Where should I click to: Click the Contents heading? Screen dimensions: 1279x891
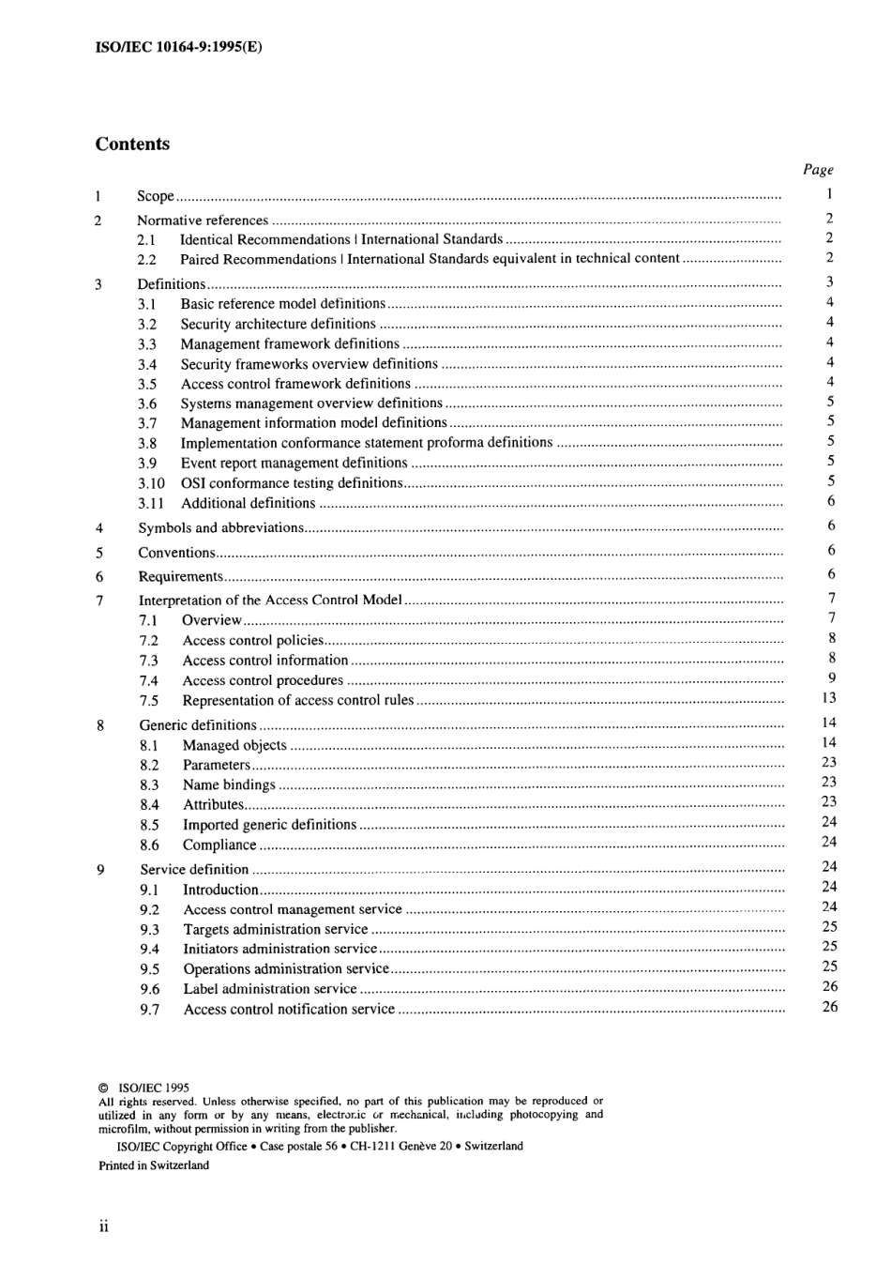(132, 145)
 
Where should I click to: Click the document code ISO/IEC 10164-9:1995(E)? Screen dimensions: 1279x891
(179, 45)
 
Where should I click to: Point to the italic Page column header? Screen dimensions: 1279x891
(818, 170)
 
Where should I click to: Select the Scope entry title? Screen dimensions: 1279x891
(156, 196)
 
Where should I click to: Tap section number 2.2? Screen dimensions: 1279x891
(146, 260)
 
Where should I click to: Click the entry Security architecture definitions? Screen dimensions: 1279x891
(278, 324)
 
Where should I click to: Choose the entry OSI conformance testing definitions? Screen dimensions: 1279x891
(292, 483)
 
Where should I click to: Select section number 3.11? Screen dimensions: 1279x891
(150, 504)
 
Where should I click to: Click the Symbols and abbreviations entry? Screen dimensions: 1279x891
(220, 528)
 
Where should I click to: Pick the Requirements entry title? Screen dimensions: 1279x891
(180, 577)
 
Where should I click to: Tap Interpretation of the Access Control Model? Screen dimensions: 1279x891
(270, 601)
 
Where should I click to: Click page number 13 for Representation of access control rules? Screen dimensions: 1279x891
(828, 698)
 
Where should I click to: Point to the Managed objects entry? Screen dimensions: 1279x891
(234, 746)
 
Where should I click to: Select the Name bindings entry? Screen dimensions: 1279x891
(229, 785)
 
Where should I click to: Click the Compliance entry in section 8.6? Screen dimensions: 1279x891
(219, 845)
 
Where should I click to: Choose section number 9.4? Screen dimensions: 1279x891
(150, 950)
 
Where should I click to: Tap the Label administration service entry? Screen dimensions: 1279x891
(270, 989)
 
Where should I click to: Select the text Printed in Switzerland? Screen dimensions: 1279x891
(154, 1165)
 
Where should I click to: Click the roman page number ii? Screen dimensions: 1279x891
(103, 1227)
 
